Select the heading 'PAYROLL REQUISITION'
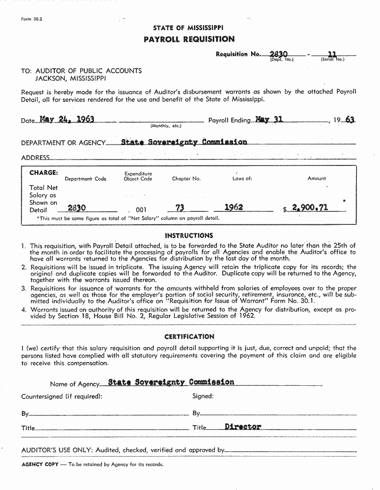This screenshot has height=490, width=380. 189,39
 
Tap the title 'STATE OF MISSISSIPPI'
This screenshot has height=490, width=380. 188,28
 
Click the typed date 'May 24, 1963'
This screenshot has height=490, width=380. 67,120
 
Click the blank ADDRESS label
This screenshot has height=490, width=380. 35,158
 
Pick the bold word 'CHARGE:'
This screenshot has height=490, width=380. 43,173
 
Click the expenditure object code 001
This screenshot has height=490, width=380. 141,210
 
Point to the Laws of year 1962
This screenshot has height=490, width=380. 234,207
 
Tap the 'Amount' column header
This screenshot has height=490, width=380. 316,178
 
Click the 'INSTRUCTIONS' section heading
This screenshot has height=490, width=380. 189,235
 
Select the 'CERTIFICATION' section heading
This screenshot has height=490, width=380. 189,336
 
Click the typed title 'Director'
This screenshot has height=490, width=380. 243,427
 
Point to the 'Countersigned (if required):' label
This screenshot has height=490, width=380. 61,396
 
